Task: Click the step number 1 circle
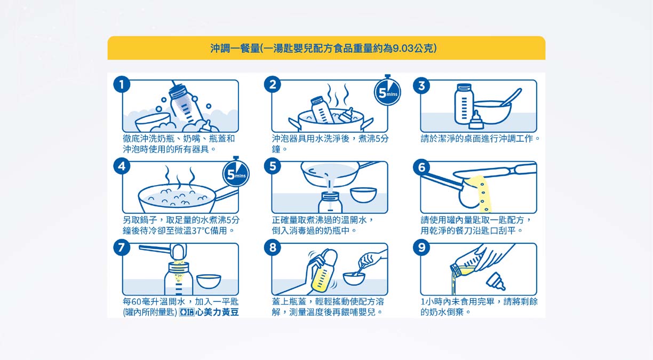click(x=122, y=85)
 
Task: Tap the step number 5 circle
click(x=273, y=166)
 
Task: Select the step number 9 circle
click(x=421, y=247)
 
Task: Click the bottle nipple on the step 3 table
click(x=476, y=120)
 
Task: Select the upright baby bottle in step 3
click(x=464, y=104)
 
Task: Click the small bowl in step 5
click(x=363, y=195)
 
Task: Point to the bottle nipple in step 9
click(x=496, y=281)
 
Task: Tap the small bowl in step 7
click(x=209, y=281)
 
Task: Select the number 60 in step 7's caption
click(x=136, y=301)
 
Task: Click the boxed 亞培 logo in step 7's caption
click(x=187, y=312)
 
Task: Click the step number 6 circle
click(x=421, y=167)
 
